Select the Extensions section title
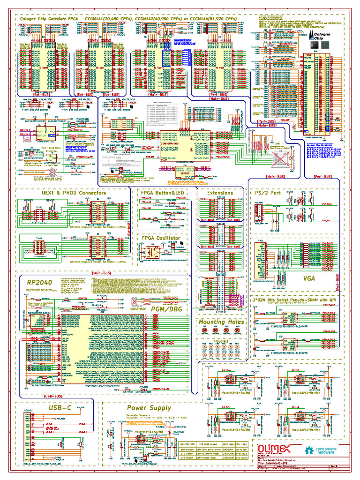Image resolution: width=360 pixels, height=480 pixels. click(x=220, y=193)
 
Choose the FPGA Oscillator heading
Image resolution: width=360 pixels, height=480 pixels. click(x=161, y=238)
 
